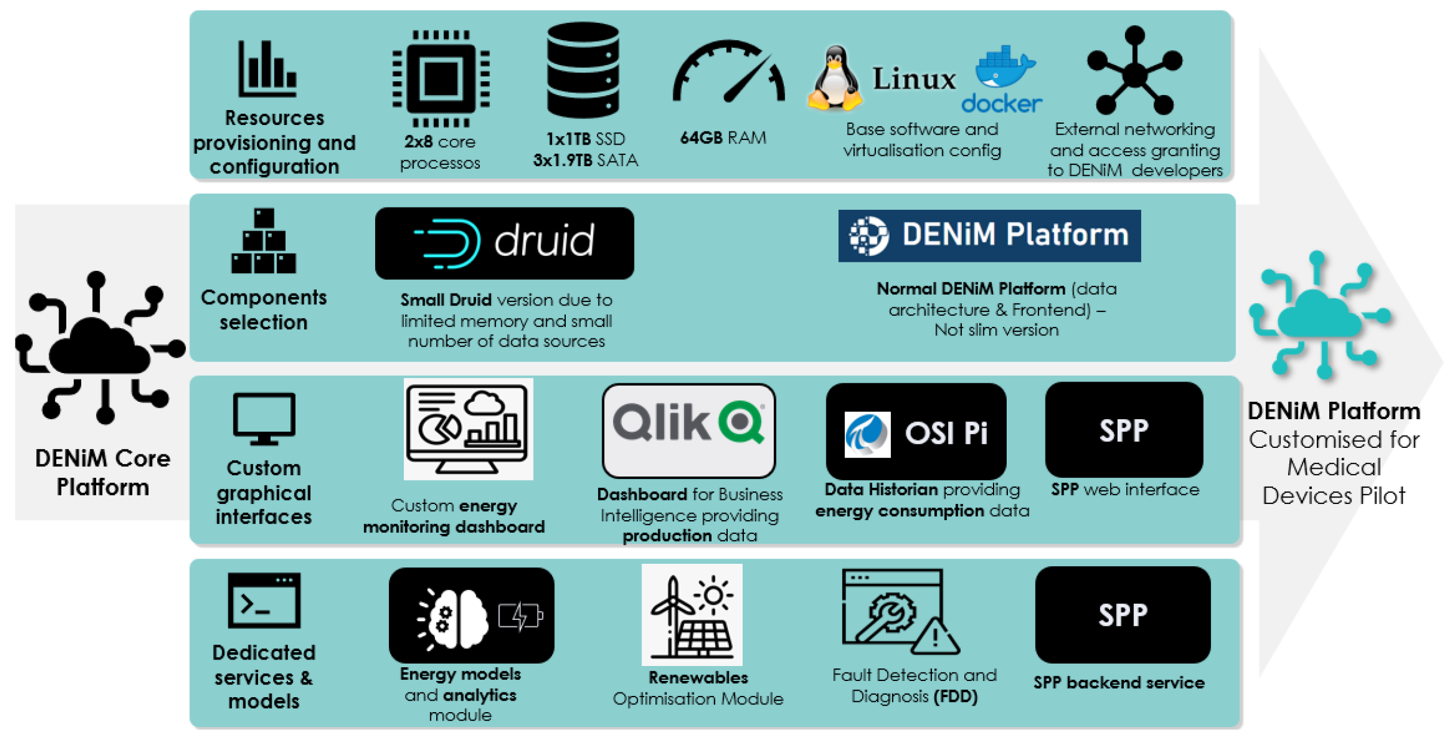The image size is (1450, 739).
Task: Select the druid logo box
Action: (x=504, y=243)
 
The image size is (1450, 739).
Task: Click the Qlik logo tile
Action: (x=688, y=430)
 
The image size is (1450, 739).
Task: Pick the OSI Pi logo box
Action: (x=915, y=431)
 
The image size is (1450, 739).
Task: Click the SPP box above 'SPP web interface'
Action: (x=1123, y=430)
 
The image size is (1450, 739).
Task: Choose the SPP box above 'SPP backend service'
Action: (x=1122, y=614)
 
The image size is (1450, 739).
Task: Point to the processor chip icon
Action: (x=441, y=78)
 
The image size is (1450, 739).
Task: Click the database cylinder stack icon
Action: (x=583, y=70)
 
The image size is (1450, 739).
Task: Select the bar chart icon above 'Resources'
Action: (x=267, y=69)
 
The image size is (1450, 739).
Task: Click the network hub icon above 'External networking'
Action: (x=1134, y=72)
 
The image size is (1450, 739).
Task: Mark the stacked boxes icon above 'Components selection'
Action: (x=263, y=242)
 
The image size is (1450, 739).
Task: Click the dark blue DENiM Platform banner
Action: (x=989, y=235)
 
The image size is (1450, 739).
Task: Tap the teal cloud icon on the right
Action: (x=1320, y=315)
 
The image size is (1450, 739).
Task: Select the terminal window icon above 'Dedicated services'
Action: (x=264, y=600)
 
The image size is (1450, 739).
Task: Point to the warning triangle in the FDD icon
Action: (x=935, y=637)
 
